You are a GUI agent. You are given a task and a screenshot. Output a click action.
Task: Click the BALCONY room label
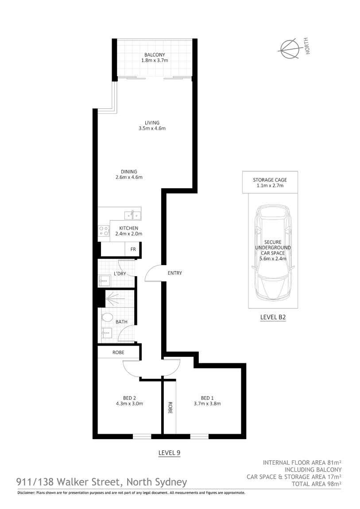point(154,55)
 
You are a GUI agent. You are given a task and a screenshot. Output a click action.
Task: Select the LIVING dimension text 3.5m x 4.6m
point(151,129)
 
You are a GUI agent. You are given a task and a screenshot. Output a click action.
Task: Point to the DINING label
point(129,172)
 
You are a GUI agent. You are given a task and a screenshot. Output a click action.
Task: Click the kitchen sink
point(132,215)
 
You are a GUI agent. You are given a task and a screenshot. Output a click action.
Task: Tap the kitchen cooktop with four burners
point(104,231)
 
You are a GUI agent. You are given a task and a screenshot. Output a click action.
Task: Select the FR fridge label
point(132,249)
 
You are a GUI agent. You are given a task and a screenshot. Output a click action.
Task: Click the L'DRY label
point(120,274)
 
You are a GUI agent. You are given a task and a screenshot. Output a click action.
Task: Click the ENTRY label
point(174,273)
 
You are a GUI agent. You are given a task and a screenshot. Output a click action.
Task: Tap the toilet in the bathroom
point(106,318)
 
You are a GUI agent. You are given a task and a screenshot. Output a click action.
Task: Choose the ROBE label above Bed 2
point(118,352)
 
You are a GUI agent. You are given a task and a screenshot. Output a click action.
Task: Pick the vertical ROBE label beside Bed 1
point(170,407)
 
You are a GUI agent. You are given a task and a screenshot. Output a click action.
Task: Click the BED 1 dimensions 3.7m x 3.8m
point(207,403)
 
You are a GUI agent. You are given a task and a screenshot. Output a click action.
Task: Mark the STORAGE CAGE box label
point(270,180)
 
